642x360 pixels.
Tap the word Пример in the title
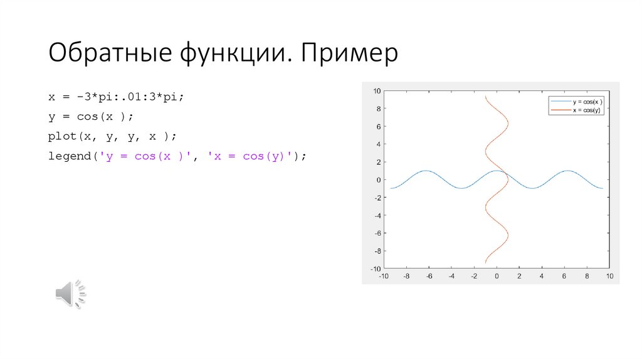click(349, 54)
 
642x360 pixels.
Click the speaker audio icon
click(70, 294)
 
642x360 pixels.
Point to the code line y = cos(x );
click(92, 117)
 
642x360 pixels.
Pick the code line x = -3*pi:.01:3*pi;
click(117, 98)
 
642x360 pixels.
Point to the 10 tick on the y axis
click(377, 91)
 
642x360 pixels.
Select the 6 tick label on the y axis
click(379, 127)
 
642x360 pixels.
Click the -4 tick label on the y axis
click(377, 215)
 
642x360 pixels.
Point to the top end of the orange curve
click(485, 97)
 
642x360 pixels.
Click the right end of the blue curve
click(603, 188)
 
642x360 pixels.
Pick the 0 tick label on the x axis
click(497, 276)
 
